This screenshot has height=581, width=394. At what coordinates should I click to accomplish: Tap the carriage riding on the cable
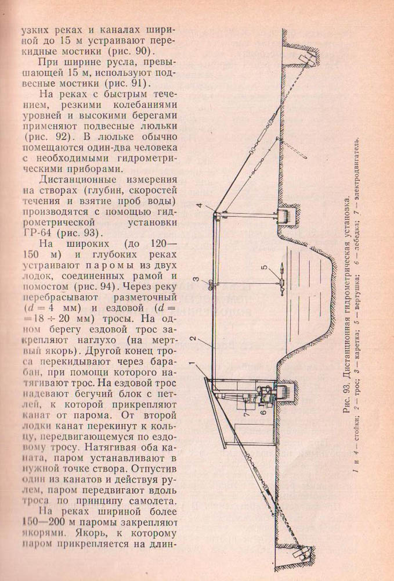click(210, 285)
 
